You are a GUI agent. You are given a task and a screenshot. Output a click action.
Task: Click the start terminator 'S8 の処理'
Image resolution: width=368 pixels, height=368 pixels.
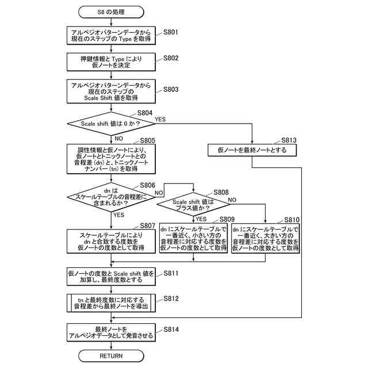pyautogui.click(x=111, y=12)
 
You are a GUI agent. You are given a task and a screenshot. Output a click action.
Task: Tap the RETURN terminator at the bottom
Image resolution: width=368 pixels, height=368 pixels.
pyautogui.click(x=111, y=356)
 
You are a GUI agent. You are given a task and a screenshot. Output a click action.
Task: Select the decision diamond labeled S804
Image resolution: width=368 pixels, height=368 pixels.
pyautogui.click(x=111, y=124)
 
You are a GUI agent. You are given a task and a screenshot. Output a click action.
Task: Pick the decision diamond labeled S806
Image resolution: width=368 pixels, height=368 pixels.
pyautogui.click(x=111, y=197)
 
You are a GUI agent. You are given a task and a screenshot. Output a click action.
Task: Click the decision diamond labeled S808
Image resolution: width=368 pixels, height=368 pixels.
pyautogui.click(x=193, y=205)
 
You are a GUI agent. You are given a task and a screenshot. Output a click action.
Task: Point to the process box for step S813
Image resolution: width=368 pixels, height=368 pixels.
pyautogui.click(x=252, y=150)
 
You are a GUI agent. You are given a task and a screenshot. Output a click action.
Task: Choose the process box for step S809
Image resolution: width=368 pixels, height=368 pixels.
pyautogui.click(x=193, y=238)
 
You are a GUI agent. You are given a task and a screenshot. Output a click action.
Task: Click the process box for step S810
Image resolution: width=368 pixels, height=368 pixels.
pyautogui.click(x=266, y=238)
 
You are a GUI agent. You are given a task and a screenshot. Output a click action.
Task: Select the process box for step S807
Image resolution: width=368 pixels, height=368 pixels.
pyautogui.click(x=111, y=241)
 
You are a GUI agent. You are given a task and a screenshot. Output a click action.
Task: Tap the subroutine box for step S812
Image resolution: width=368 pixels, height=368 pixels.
pyautogui.click(x=111, y=303)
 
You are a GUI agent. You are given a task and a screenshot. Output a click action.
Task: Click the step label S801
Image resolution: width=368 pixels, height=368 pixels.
pyautogui.click(x=171, y=32)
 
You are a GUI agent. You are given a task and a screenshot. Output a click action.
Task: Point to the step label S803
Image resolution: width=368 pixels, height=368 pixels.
pyautogui.click(x=171, y=90)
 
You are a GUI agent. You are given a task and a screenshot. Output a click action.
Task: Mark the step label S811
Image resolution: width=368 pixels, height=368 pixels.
pyautogui.click(x=171, y=273)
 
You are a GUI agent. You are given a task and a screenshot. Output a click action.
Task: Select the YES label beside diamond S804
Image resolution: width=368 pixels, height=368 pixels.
pyautogui.click(x=160, y=119)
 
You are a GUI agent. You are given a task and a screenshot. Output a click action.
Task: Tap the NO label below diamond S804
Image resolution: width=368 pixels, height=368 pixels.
pyautogui.click(x=119, y=139)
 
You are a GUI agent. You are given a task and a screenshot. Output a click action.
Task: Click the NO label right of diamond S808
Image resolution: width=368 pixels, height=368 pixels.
pyautogui.click(x=232, y=200)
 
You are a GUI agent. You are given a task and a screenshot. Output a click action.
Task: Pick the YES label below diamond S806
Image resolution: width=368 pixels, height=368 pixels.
pyautogui.click(x=119, y=214)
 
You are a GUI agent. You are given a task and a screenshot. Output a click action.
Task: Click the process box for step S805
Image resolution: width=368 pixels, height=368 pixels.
pyautogui.click(x=111, y=159)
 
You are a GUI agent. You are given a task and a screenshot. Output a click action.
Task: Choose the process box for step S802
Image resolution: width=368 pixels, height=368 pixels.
pyautogui.click(x=111, y=62)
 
